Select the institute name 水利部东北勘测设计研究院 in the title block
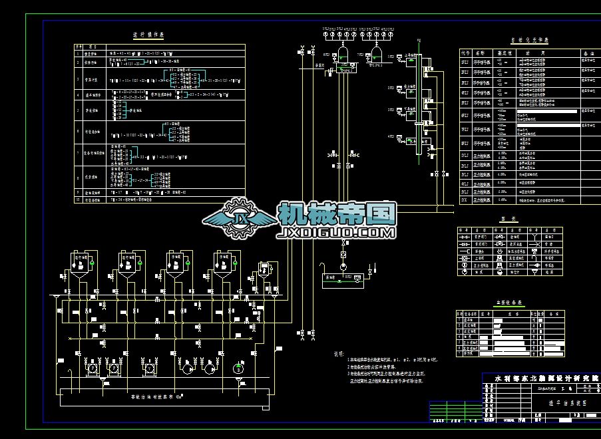pyautogui.click(x=546, y=378)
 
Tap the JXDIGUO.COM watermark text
pyautogui.click(x=336, y=232)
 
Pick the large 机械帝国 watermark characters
pyautogui.click(x=336, y=214)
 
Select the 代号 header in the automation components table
pyautogui.click(x=465, y=52)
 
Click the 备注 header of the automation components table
pyautogui.click(x=588, y=52)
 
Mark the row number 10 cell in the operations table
pyautogui.click(x=78, y=199)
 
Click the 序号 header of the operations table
pyautogui.click(x=78, y=47)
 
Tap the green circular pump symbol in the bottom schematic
pyautogui.click(x=238, y=368)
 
